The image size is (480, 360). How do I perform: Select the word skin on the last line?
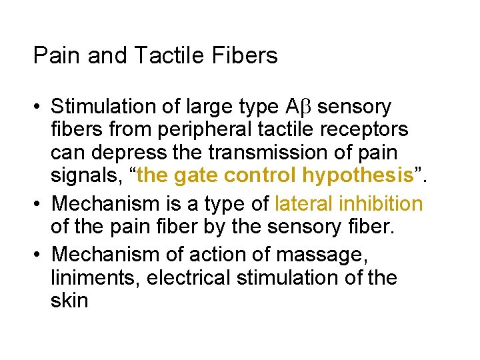coord(69,300)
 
